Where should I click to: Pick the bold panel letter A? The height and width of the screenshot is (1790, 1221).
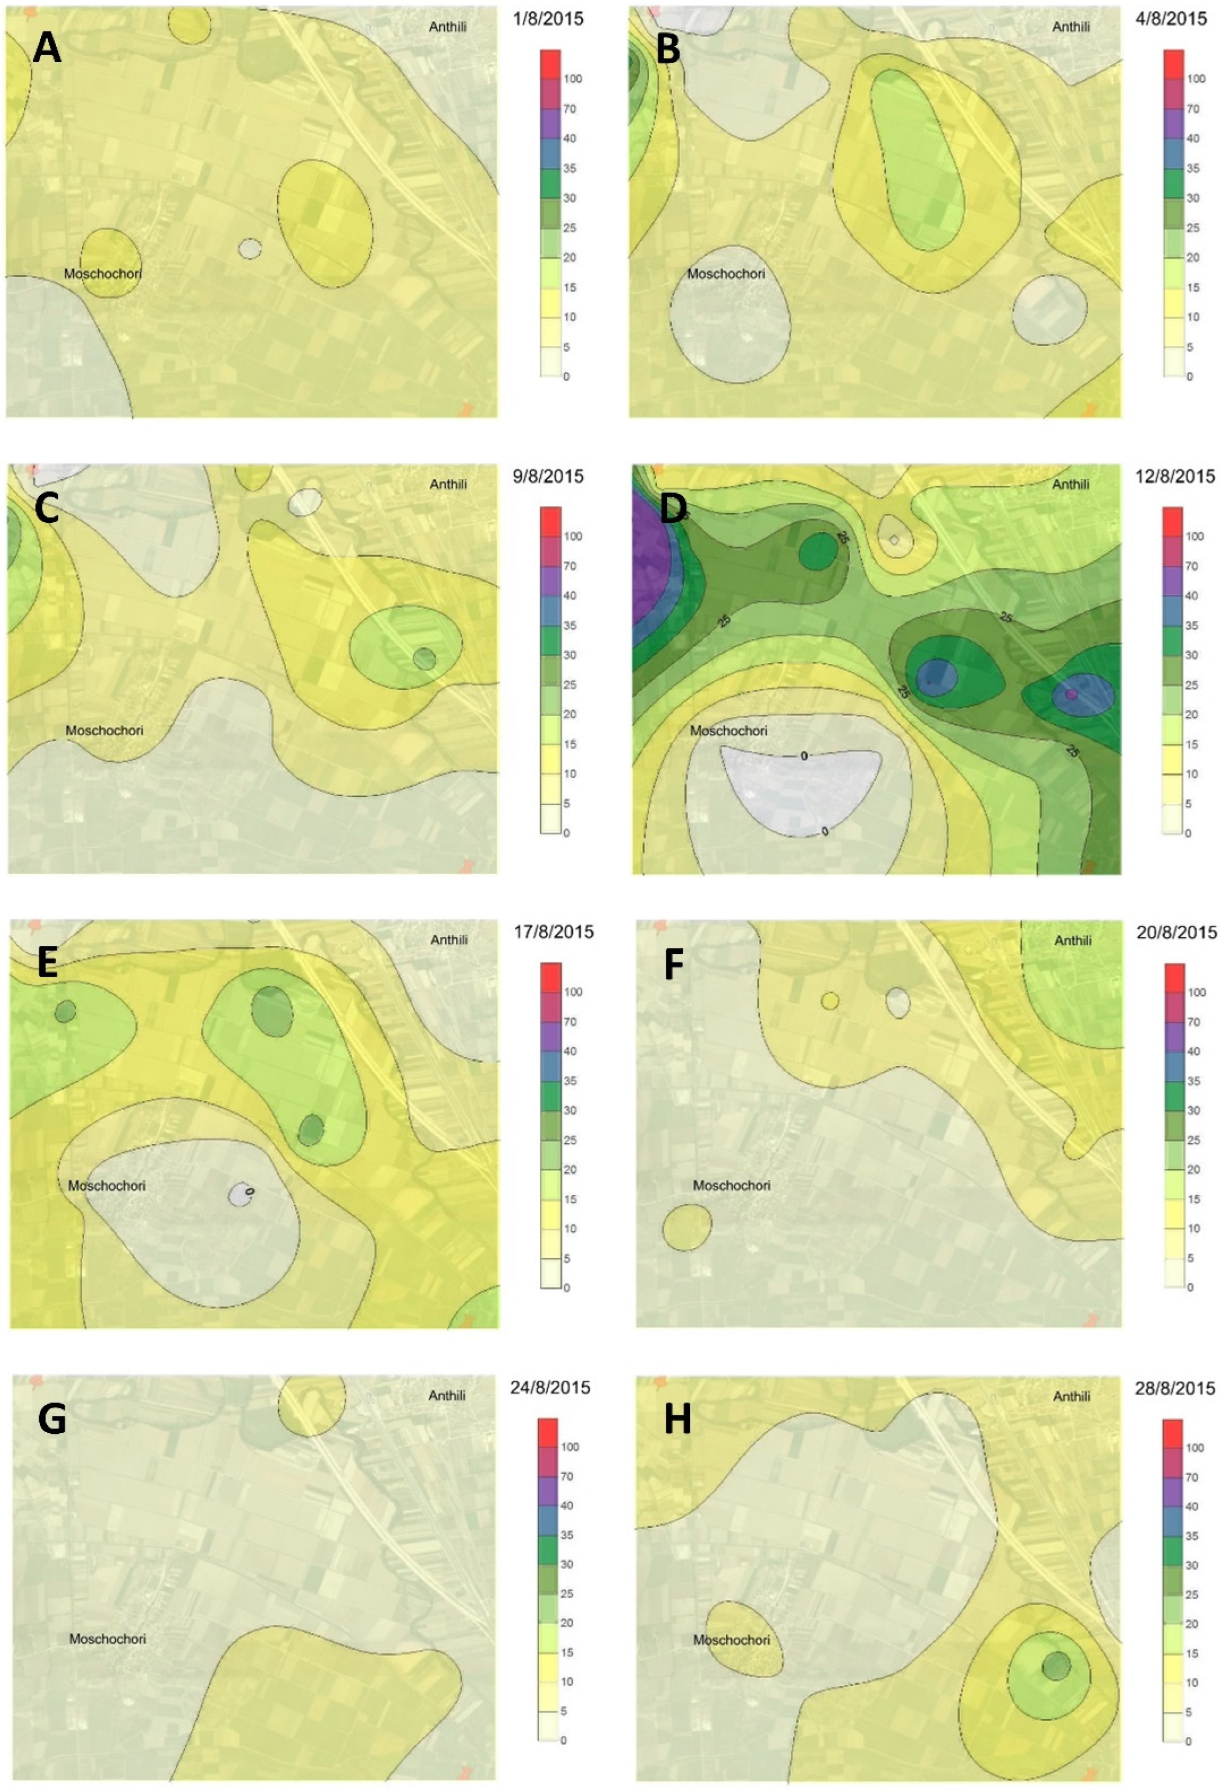pos(47,49)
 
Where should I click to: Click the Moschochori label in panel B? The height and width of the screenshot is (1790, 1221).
pos(726,274)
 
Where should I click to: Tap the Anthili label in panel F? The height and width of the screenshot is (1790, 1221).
pos(1072,940)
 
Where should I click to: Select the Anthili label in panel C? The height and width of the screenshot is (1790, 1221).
pos(449,484)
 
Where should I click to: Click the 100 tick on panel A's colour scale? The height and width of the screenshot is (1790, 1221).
pos(572,79)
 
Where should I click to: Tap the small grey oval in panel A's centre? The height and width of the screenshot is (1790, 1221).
pos(250,248)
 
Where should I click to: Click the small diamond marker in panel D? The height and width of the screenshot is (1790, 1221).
pos(894,540)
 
